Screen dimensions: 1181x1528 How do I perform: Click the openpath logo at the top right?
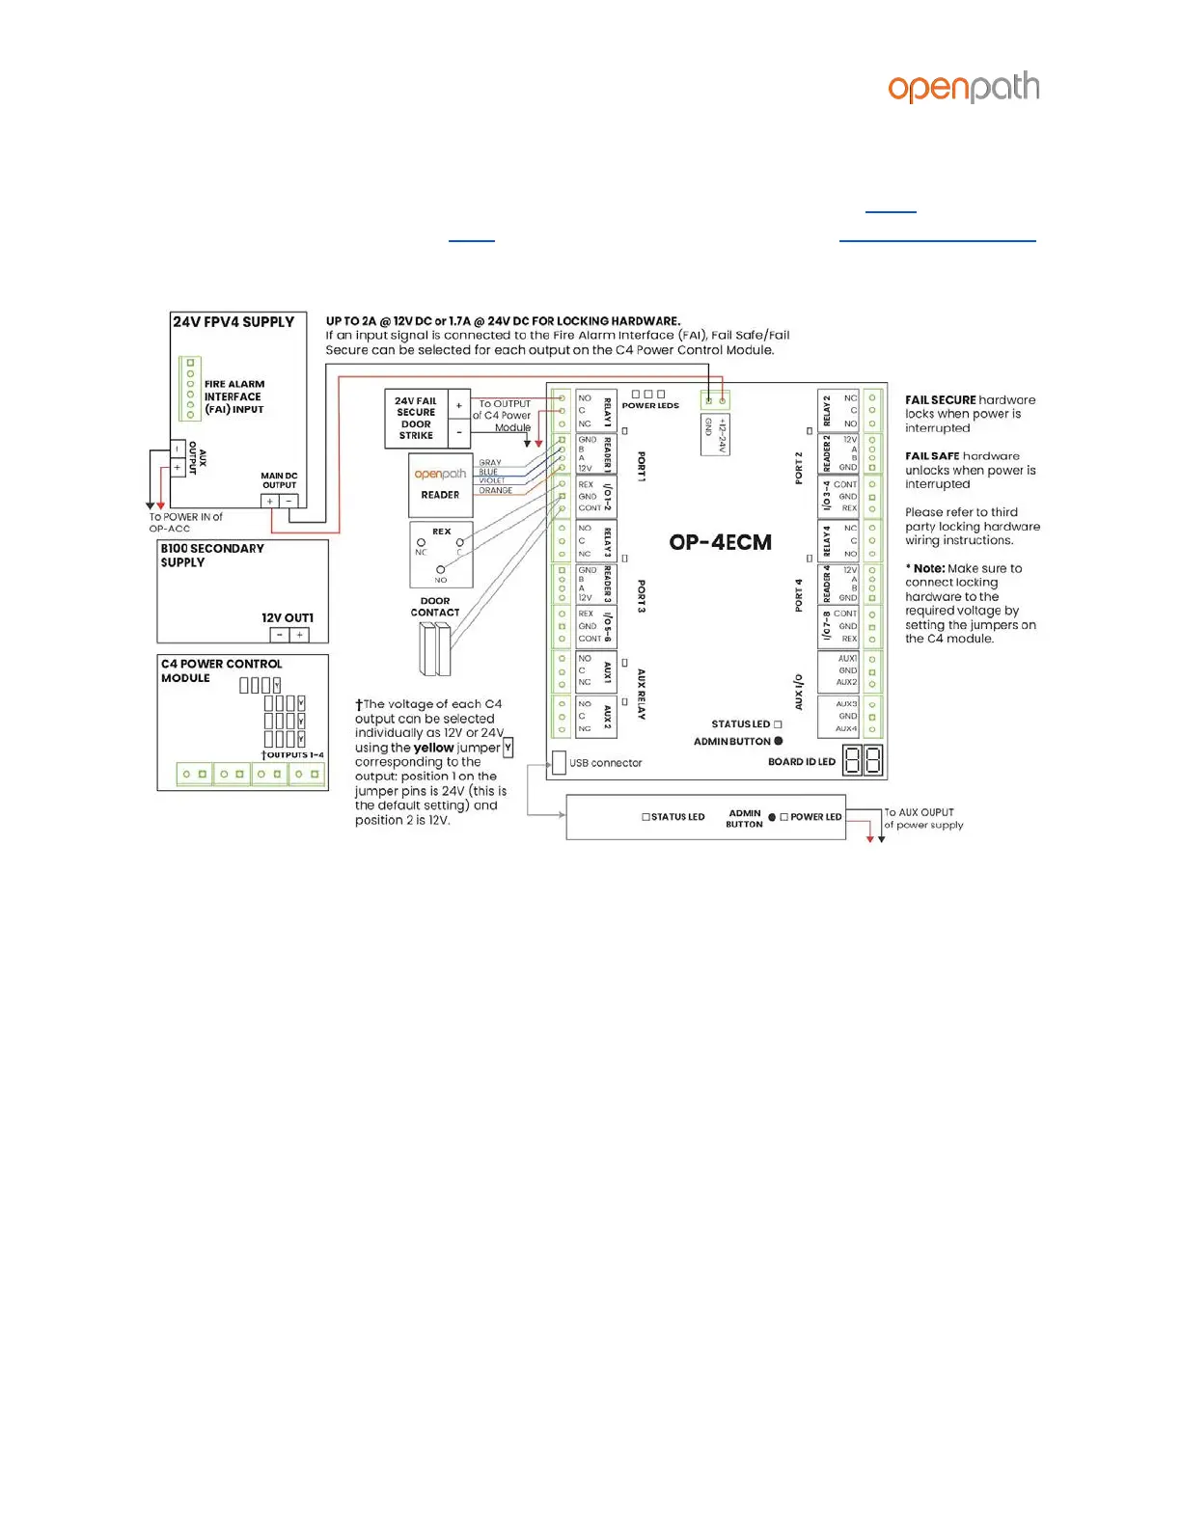[x=963, y=88]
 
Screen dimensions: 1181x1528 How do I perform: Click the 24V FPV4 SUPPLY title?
[x=233, y=322]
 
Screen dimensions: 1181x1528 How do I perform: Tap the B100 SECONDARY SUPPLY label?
[x=211, y=555]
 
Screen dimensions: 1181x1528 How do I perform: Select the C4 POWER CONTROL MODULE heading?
[x=221, y=670]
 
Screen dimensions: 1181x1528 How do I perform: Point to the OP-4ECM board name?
[x=720, y=542]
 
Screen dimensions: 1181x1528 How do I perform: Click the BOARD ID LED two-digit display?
[x=864, y=761]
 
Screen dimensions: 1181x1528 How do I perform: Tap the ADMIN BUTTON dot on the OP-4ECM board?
[x=779, y=741]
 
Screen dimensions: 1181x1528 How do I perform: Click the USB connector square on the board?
[x=559, y=762]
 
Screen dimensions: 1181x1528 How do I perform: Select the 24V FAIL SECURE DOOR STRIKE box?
[x=416, y=418]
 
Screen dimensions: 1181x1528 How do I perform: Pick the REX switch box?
[x=441, y=556]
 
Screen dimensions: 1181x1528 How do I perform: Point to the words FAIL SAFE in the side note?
[x=932, y=456]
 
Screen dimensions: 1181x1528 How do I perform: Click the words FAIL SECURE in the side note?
[x=940, y=399]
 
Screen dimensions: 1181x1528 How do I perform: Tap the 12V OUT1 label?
[x=287, y=617]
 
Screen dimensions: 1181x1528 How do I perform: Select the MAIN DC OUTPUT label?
[x=279, y=480]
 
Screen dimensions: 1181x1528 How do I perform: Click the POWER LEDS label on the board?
[x=650, y=406]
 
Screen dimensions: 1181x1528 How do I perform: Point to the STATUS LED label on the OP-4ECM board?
[x=740, y=723]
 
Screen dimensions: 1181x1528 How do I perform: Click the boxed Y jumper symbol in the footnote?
[x=508, y=748]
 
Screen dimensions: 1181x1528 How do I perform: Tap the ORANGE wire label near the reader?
[x=495, y=491]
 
